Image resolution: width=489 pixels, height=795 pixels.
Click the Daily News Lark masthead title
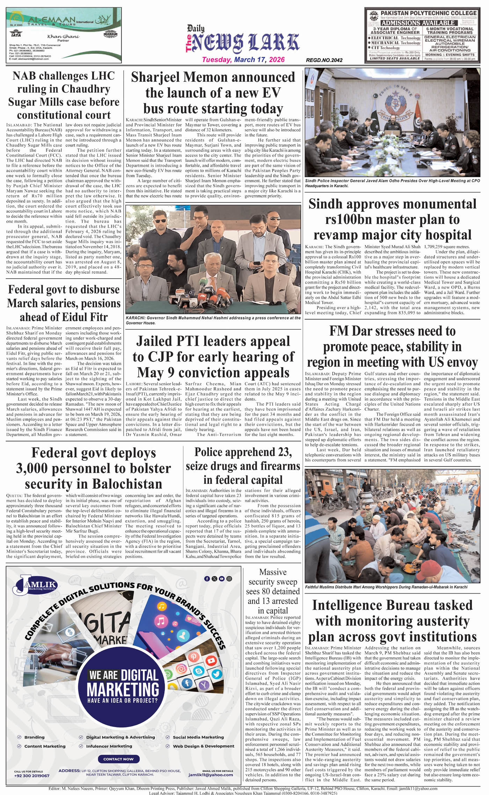click(243, 42)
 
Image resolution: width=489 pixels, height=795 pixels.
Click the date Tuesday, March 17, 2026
click(243, 60)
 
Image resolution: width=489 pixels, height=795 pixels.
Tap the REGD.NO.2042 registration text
click(324, 60)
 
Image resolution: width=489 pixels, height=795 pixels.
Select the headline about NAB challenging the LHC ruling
click(64, 95)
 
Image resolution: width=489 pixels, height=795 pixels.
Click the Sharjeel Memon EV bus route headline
click(213, 93)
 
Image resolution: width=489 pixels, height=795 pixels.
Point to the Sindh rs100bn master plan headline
click(392, 219)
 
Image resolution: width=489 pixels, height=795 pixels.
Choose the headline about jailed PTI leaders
click(213, 357)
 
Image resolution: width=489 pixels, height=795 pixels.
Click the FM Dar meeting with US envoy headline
click(392, 346)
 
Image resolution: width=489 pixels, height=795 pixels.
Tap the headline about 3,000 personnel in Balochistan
click(94, 468)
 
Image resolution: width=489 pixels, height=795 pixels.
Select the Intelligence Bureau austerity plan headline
click(392, 621)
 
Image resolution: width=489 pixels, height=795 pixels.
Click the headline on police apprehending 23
click(243, 466)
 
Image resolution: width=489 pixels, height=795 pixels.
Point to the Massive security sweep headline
click(273, 591)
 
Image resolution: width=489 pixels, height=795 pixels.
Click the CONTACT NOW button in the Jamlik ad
click(118, 759)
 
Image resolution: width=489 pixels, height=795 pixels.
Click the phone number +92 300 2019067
click(32, 776)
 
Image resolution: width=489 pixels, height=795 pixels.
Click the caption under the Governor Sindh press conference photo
click(213, 320)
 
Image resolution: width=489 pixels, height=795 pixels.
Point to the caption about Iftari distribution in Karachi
click(386, 587)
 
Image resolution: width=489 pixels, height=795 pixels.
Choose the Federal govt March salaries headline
click(64, 303)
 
